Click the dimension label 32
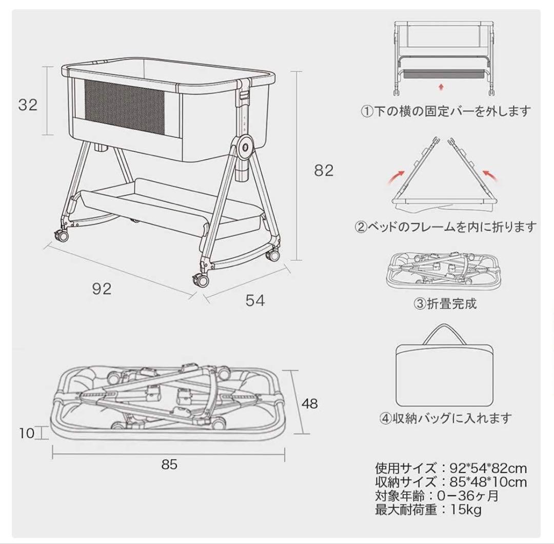[28, 105]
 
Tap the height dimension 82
[324, 171]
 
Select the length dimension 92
[102, 289]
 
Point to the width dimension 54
[255, 300]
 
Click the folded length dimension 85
[169, 465]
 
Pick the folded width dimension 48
[309, 404]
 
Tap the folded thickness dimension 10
[27, 433]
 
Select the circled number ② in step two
[361, 227]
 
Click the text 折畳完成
[452, 304]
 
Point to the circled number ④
[385, 418]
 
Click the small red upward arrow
[441, 87]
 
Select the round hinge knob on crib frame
[245, 146]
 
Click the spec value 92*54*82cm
[488, 469]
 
